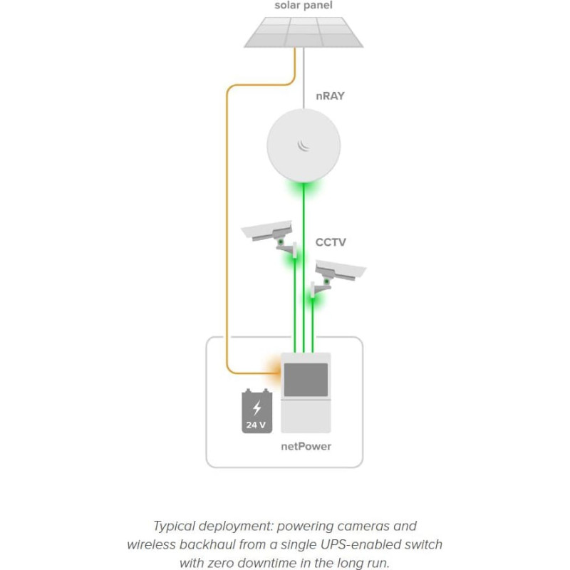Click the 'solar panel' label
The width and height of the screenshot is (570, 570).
coord(304,6)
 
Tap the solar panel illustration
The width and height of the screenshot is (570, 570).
coord(304,32)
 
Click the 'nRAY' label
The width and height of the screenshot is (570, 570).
coord(330,96)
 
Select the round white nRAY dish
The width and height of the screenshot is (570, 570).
coord(304,145)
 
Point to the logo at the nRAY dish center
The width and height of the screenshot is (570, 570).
coord(304,145)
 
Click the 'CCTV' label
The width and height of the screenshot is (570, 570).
coord(331,242)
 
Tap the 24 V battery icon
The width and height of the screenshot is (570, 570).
coord(257,411)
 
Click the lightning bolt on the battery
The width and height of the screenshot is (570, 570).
coord(257,408)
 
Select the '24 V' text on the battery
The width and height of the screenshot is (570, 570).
coord(256,425)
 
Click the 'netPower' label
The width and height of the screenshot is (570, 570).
coord(306,447)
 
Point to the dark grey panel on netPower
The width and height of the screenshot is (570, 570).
coord(306,380)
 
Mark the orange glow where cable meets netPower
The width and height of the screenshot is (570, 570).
coord(274,373)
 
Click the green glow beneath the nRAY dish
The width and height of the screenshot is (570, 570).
coord(304,188)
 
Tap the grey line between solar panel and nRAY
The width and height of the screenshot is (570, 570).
coord(304,78)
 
